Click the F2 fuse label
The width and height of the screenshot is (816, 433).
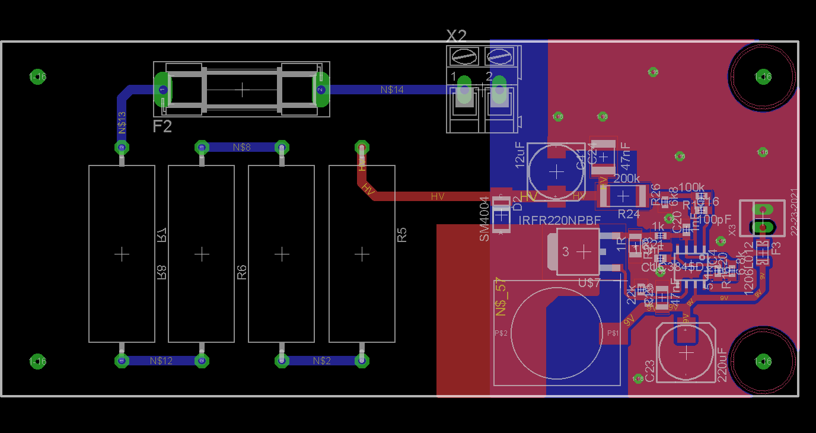tap(162, 126)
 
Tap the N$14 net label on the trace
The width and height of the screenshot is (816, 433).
tap(392, 90)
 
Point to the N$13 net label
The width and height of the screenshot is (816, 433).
tap(122, 123)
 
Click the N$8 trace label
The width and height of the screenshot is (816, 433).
tap(242, 147)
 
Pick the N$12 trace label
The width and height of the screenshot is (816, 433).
tap(161, 361)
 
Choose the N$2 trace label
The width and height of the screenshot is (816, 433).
tap(322, 361)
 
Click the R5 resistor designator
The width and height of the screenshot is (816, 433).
tap(402, 235)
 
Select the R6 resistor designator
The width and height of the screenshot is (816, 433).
tap(241, 272)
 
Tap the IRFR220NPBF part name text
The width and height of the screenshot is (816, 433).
tap(560, 221)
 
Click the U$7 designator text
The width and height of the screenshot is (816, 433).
tap(589, 284)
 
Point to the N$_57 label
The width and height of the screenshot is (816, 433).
tap(502, 298)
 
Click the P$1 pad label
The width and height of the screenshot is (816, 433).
tap(613, 333)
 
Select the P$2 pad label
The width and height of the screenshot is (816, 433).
tap(501, 333)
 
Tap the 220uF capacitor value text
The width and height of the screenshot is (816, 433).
tap(722, 364)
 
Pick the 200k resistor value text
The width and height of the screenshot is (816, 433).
tap(626, 178)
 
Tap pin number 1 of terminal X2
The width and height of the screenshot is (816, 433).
tap(454, 77)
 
